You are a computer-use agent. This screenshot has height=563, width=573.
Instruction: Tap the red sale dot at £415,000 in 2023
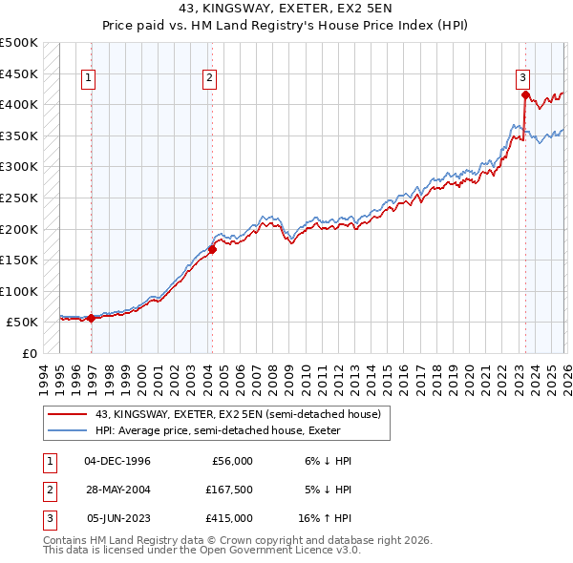pos(525,94)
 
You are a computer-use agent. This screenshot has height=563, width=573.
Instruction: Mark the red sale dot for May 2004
pos(212,250)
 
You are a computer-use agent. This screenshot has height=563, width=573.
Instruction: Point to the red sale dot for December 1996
pos(92,319)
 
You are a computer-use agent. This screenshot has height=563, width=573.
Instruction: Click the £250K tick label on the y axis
pos(18,198)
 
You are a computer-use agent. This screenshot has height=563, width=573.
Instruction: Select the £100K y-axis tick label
pos(18,291)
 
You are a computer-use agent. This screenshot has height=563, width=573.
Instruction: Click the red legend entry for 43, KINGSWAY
pos(238,414)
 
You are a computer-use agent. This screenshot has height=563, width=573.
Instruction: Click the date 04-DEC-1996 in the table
pos(117,461)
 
